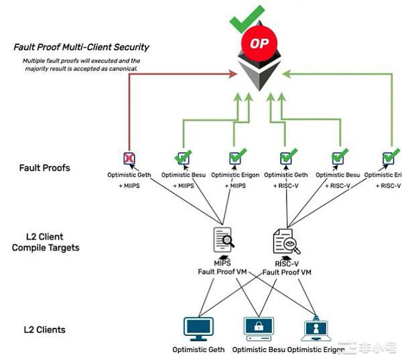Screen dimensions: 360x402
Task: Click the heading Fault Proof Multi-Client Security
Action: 81,47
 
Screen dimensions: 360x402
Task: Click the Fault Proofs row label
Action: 44,167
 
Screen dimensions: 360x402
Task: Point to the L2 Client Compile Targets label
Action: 45,242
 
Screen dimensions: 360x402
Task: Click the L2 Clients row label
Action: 44,329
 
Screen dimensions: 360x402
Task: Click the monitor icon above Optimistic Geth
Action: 198,328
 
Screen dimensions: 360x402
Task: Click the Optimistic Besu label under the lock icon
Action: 258,349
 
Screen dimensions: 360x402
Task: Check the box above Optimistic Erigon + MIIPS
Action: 235,158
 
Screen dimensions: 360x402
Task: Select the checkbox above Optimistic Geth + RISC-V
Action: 285,158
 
